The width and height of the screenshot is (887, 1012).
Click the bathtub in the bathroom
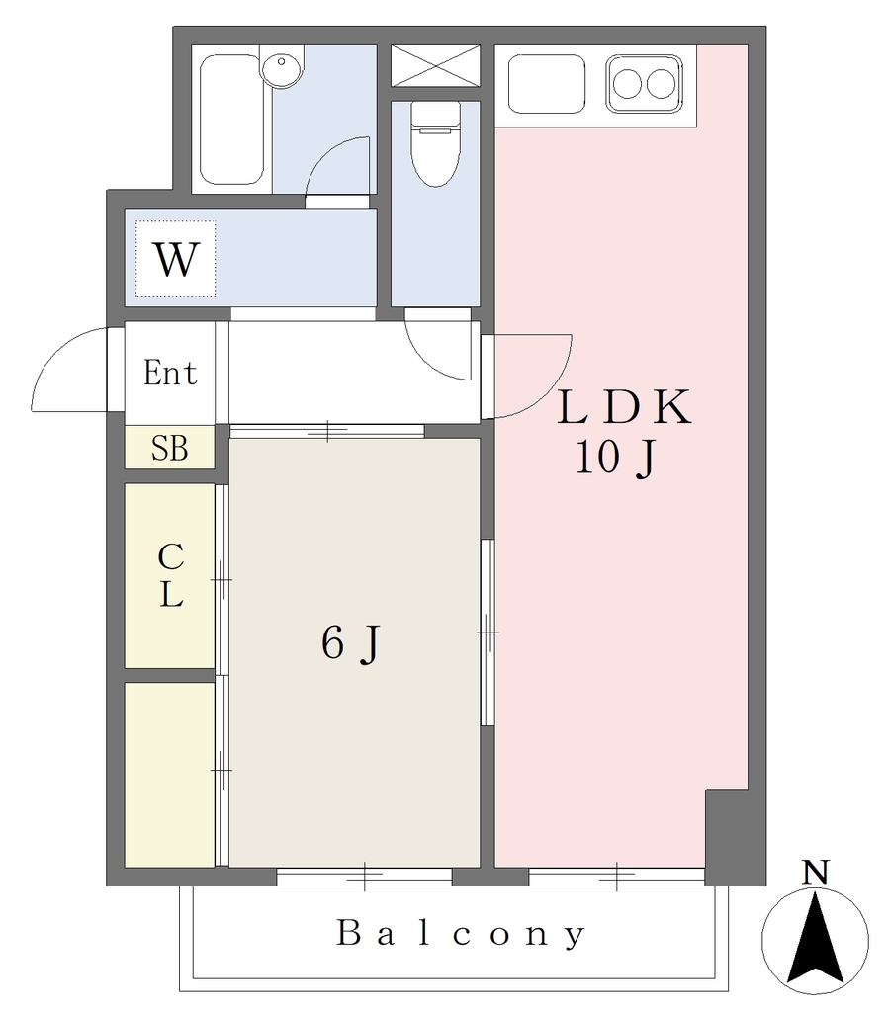point(231,120)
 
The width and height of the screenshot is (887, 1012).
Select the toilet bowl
point(436,144)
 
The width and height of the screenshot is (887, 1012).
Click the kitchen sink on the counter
point(546,84)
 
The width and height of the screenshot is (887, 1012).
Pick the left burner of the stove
point(627,84)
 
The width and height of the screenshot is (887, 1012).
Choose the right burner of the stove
point(661,84)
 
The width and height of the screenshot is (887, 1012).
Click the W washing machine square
point(176,259)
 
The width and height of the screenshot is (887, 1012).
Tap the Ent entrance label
point(170,373)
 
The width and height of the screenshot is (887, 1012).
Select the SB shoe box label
point(170,448)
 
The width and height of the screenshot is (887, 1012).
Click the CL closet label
point(171,575)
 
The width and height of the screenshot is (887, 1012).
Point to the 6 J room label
point(351,644)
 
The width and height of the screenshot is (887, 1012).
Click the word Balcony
point(460,933)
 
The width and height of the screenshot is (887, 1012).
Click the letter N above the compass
point(816,873)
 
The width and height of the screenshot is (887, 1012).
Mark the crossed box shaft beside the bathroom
point(436,65)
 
